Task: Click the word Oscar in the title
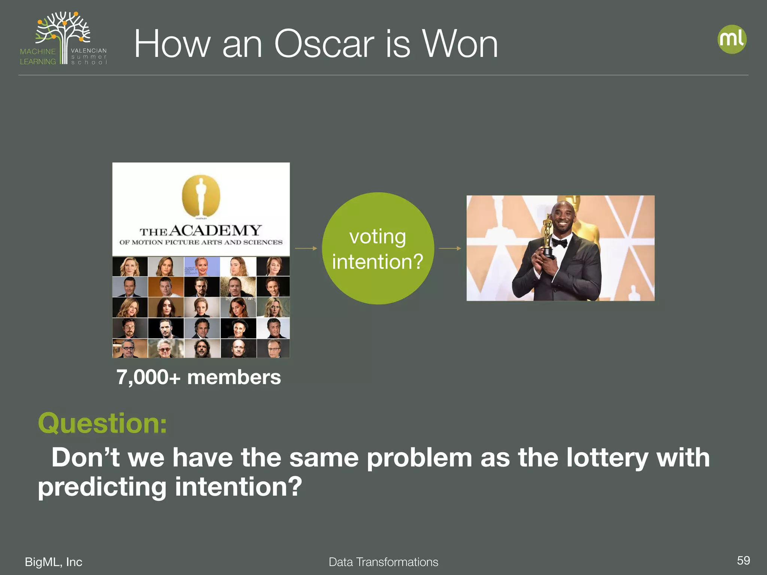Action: coord(324,44)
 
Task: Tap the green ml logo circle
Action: coord(732,39)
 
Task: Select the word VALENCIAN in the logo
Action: coord(89,51)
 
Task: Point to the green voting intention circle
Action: coord(378,248)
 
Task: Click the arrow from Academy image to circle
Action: coord(306,248)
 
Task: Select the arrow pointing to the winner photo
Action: coord(450,248)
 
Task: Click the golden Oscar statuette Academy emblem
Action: coord(201,196)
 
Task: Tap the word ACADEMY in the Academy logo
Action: coord(215,230)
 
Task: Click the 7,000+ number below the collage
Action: coord(148,377)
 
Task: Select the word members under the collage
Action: coord(234,377)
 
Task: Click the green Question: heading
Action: coord(102,423)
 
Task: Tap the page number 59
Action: coord(743,560)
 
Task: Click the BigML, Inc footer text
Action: coord(54,562)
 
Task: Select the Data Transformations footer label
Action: coord(383,562)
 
